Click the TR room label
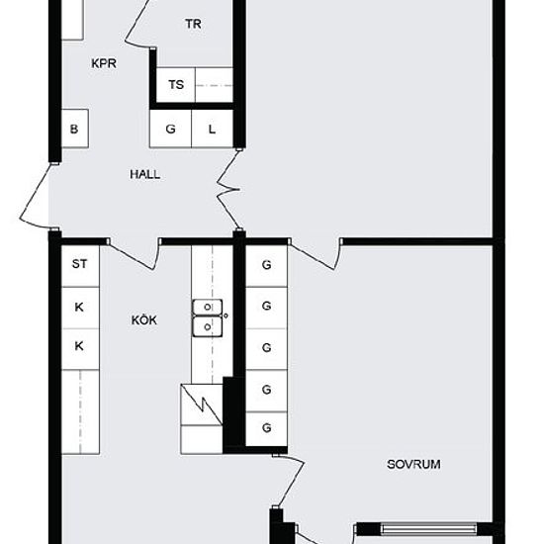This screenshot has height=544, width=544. click(x=193, y=24)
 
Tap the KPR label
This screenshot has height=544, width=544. click(x=104, y=63)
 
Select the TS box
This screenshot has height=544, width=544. click(x=176, y=85)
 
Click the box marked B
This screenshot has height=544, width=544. click(x=75, y=129)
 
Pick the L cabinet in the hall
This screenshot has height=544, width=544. click(x=212, y=129)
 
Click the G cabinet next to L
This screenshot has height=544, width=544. click(x=170, y=129)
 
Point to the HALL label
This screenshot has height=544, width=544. click(x=145, y=174)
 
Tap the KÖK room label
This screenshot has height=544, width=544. click(x=144, y=319)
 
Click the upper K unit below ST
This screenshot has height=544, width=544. click(x=80, y=308)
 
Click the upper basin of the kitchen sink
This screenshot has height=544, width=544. click(x=207, y=307)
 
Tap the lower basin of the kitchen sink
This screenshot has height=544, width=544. click(x=207, y=326)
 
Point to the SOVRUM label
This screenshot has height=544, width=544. click(x=413, y=464)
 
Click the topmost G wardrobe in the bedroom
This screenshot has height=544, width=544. click(x=266, y=266)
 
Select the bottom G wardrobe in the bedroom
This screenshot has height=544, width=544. click(x=266, y=429)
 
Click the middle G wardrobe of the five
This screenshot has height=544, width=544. click(x=266, y=349)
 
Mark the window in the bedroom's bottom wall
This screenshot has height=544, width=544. click(x=429, y=529)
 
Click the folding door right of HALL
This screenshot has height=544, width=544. click(x=227, y=190)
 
